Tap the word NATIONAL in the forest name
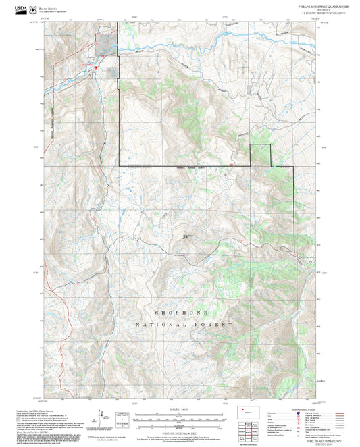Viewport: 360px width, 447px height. coord(159,325)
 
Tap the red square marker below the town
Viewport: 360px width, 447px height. coord(96,68)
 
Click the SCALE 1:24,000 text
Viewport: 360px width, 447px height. coord(181,409)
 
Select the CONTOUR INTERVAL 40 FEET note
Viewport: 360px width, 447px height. coord(181,431)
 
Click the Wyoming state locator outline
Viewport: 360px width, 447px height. coord(245,411)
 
